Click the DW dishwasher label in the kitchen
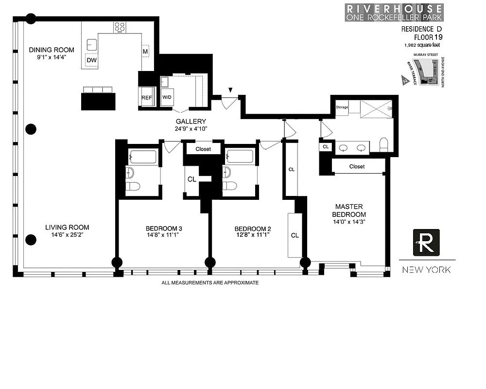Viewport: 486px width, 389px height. (x=91, y=60)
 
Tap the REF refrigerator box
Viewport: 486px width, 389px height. (x=146, y=98)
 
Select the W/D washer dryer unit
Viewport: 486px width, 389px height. (x=167, y=97)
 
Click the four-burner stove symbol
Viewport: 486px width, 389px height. (x=120, y=27)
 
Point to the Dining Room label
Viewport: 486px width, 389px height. (x=52, y=50)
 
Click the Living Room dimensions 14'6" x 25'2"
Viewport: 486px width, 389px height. (x=67, y=235)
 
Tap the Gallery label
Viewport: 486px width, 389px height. (x=191, y=122)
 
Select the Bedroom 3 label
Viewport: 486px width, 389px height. (x=164, y=229)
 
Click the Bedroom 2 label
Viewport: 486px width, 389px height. (x=252, y=229)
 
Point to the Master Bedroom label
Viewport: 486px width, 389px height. (x=349, y=210)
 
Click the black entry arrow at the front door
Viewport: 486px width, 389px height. (x=230, y=90)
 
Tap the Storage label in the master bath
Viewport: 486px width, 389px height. (x=342, y=107)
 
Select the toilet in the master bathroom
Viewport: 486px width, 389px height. (x=384, y=144)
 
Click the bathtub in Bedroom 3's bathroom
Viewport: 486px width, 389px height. (x=143, y=157)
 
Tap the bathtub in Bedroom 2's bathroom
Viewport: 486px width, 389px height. (x=240, y=157)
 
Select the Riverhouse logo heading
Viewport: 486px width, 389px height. (x=394, y=13)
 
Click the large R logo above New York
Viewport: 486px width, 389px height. (x=426, y=242)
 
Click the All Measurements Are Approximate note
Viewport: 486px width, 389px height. (x=210, y=283)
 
